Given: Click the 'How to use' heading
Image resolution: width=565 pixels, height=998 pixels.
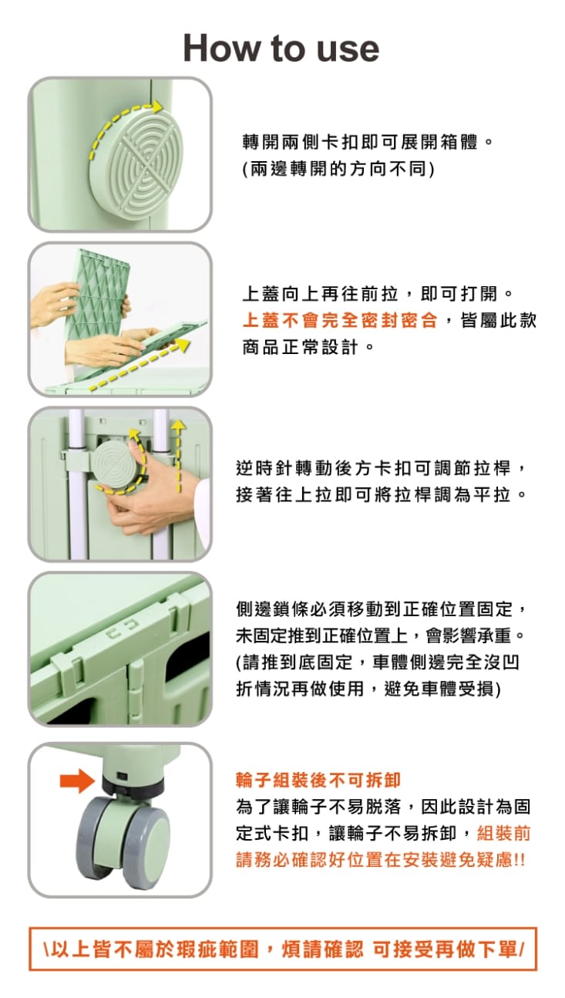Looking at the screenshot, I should click(281, 48).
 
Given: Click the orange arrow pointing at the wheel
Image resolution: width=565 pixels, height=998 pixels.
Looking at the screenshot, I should click(77, 781).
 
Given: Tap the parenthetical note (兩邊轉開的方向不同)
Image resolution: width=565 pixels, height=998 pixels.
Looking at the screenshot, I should click(339, 169).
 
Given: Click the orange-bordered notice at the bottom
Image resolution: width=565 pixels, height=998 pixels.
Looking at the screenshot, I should click(282, 949).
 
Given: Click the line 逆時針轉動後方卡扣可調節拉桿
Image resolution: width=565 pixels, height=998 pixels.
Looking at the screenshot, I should click(382, 468).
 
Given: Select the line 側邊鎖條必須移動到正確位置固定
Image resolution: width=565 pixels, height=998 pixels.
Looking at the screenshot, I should click(382, 609).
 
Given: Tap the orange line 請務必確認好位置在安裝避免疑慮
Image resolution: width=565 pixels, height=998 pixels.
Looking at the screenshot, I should click(381, 859).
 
